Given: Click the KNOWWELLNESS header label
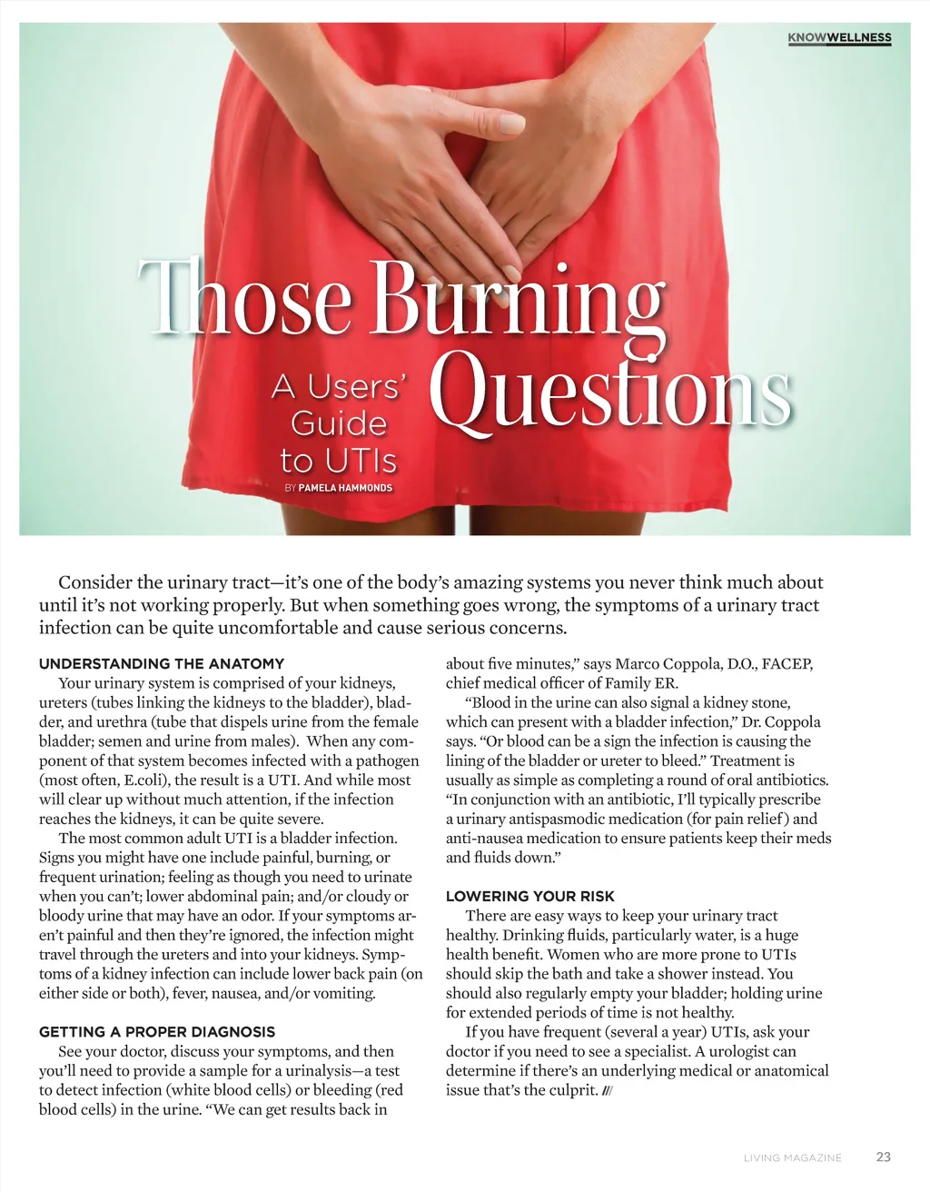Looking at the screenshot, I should pos(839,38).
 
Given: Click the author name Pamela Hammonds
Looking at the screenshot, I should pos(345,488).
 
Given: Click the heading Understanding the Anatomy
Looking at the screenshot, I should pos(162,663).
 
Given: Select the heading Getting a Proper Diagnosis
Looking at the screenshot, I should pos(157,1031).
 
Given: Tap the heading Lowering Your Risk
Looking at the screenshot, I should pos(530,896).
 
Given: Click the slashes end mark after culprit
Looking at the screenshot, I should pos(608,1090).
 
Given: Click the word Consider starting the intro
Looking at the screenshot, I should pos(94,582).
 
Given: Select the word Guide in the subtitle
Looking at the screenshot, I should pos(338,423).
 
